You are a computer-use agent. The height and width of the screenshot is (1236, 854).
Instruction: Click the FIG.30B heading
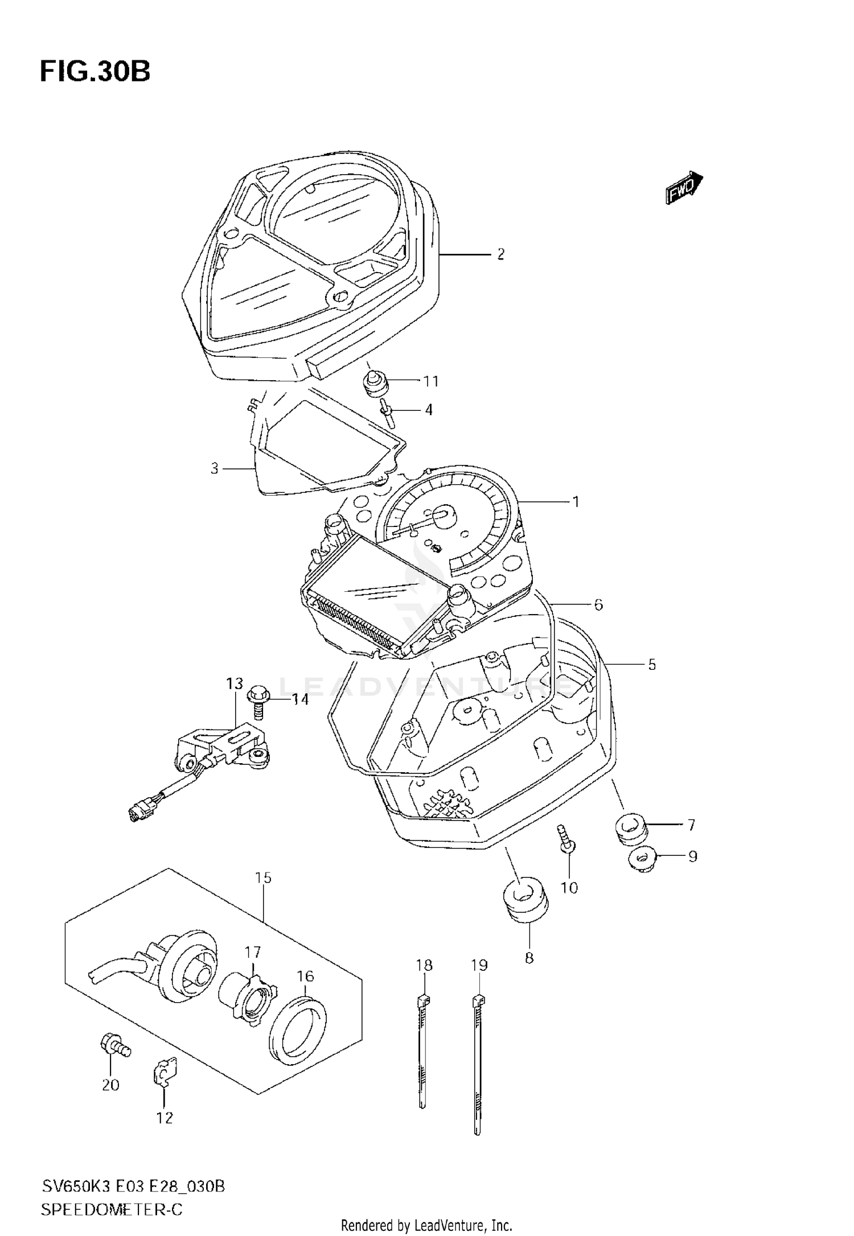[x=95, y=72]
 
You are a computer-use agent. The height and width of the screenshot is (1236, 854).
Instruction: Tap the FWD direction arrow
[x=684, y=187]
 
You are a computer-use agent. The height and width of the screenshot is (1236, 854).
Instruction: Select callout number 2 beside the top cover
[x=500, y=254]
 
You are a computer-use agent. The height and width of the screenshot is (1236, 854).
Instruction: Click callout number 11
[x=432, y=381]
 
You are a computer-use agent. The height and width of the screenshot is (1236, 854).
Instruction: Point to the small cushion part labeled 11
[x=375, y=382]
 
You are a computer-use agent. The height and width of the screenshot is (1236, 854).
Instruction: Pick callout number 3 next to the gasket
[x=215, y=468]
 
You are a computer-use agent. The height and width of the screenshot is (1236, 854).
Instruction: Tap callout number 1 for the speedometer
[x=576, y=502]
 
